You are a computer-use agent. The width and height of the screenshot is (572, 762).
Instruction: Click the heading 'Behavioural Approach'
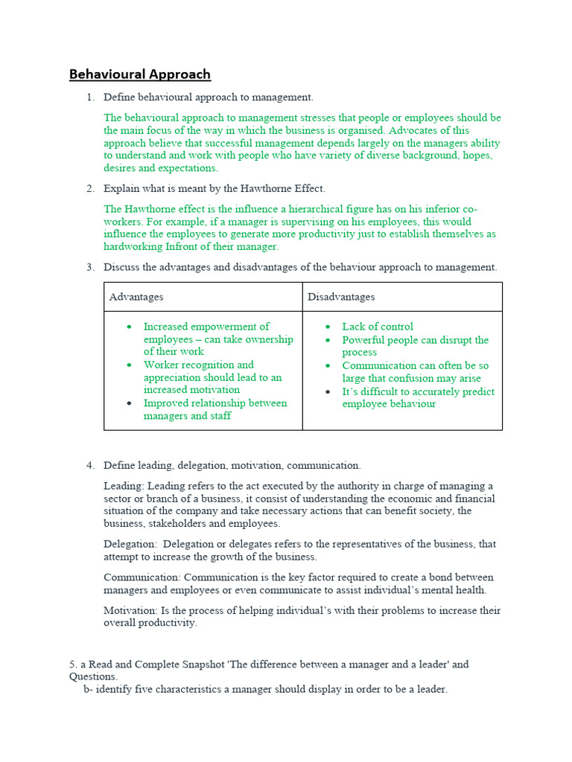coord(140,74)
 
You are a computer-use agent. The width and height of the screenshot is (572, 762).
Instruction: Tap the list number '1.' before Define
coord(90,97)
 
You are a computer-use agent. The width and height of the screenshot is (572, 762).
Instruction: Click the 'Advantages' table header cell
coord(136,297)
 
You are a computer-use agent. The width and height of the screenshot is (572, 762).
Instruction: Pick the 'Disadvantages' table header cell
coord(341,297)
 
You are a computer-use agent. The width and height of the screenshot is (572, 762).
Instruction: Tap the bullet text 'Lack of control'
coord(377,327)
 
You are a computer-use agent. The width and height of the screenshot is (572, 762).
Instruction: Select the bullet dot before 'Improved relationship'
coord(130,403)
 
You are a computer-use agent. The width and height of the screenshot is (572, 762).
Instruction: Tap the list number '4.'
coord(90,466)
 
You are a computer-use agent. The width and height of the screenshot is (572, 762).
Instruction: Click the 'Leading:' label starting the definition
coord(124,486)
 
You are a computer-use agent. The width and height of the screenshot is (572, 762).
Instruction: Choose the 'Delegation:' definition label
coord(130,544)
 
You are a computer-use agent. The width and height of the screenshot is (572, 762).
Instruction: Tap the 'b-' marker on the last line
coord(88,690)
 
